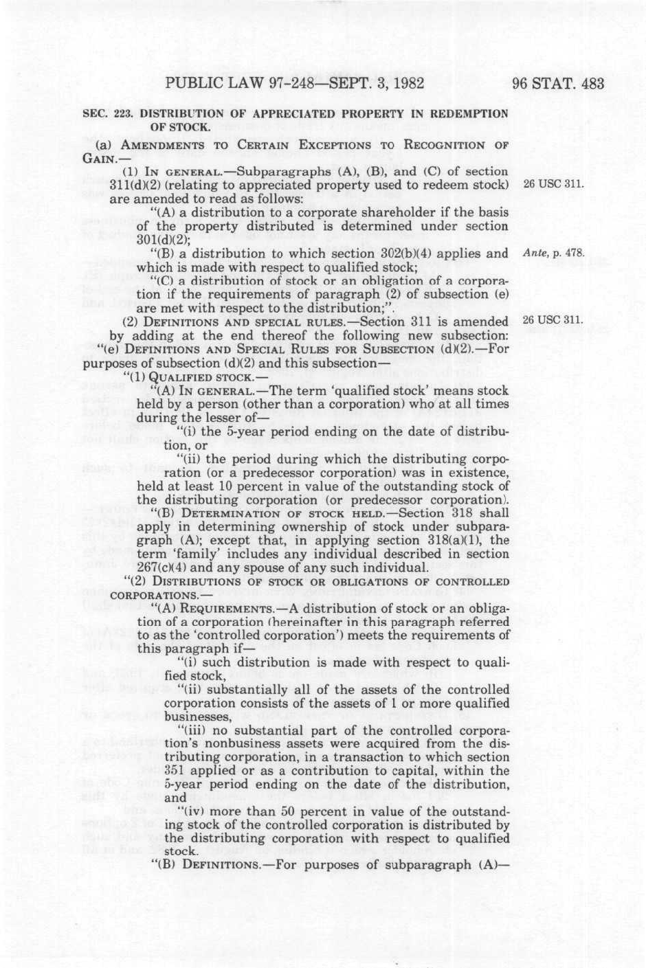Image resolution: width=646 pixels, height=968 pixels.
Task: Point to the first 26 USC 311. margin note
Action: (x=553, y=184)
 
